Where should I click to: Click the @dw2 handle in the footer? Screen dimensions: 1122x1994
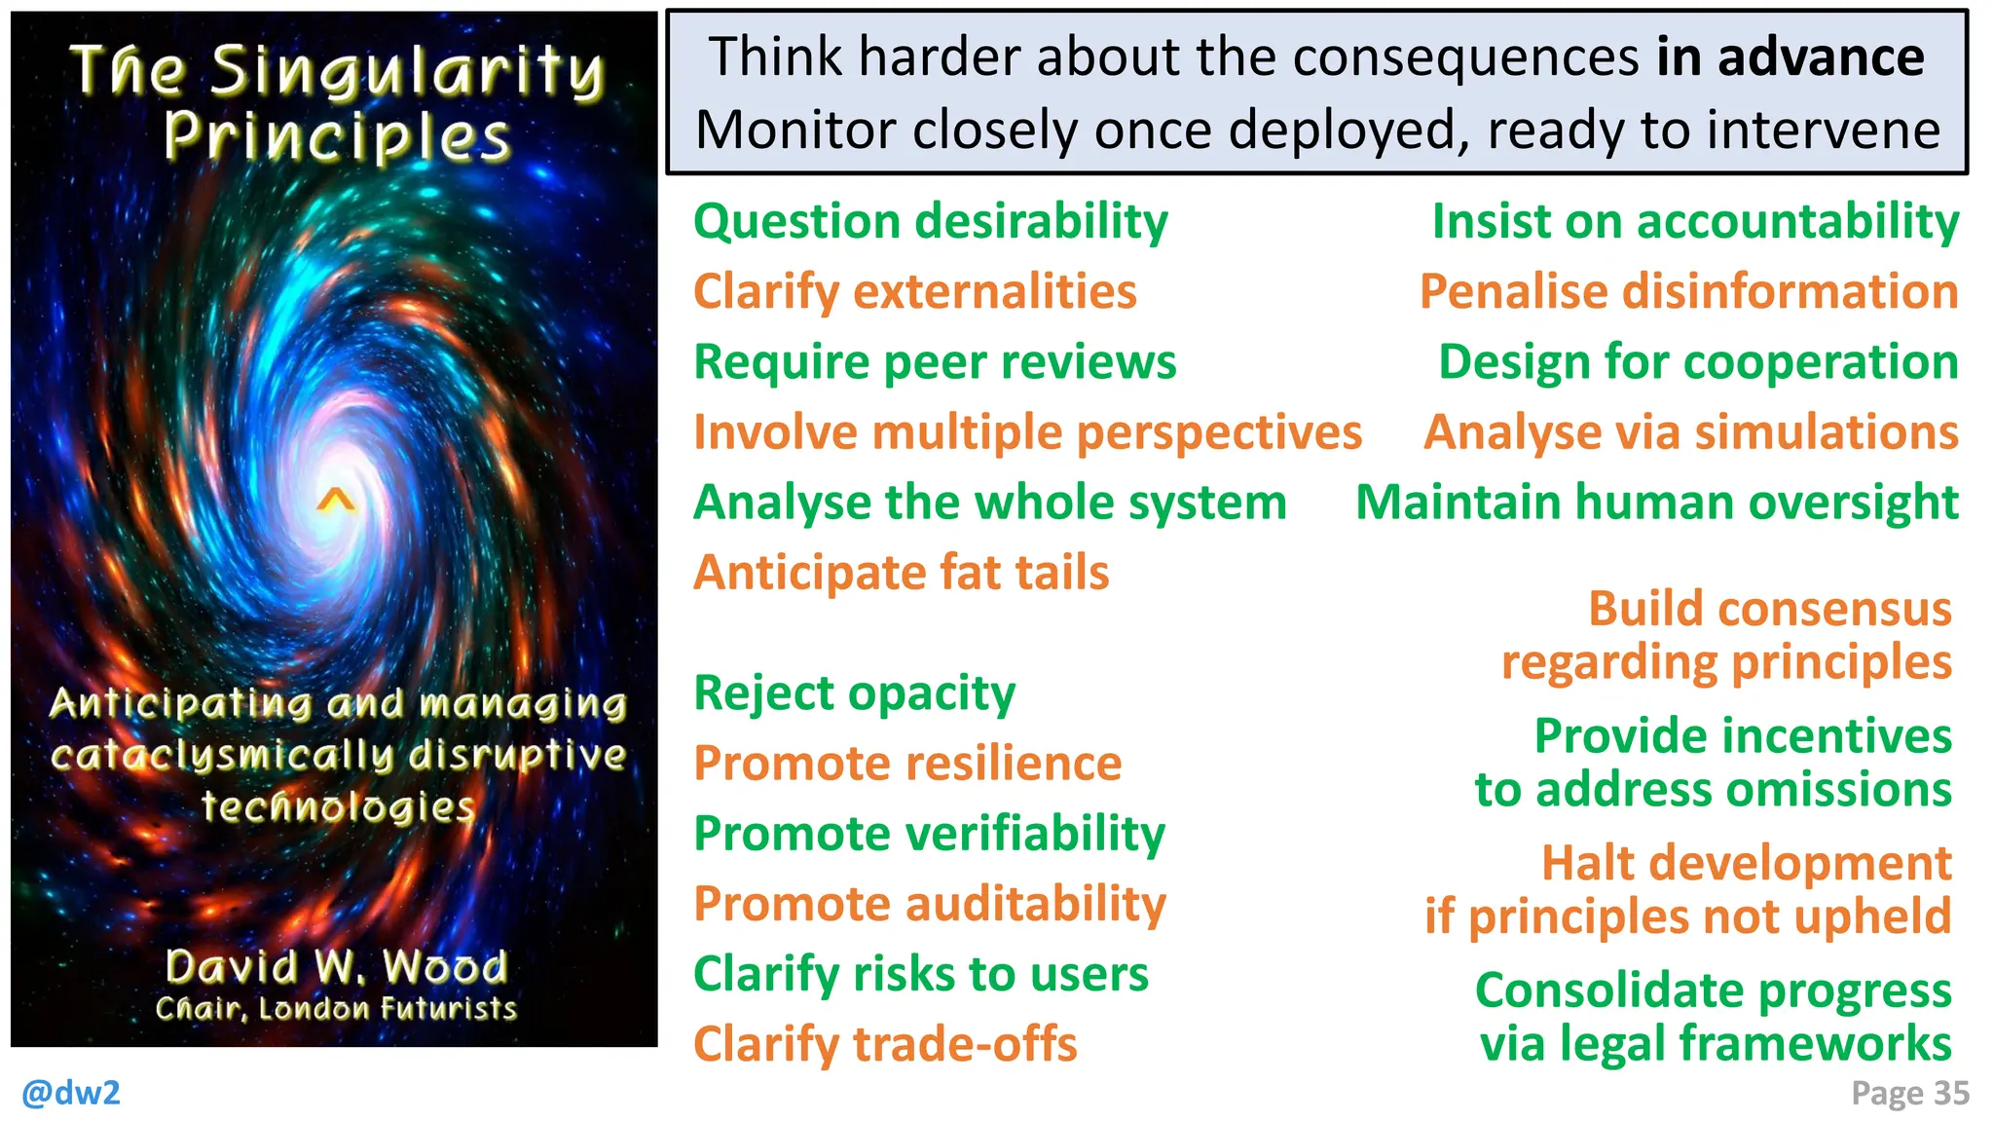coord(71,1092)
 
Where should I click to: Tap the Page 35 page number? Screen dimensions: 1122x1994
coord(1909,1093)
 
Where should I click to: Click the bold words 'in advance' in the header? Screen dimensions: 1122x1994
coord(1790,56)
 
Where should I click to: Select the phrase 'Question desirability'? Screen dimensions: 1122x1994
coord(930,222)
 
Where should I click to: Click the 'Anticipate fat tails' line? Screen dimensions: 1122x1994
coord(901,573)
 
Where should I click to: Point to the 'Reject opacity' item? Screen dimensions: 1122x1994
coord(854,693)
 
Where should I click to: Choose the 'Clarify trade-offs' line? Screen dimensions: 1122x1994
coord(885,1044)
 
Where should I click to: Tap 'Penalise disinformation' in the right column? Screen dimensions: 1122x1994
coord(1688,292)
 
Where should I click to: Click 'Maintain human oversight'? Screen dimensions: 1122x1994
coord(1656,503)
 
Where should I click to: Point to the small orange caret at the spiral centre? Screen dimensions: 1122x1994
coord(336,501)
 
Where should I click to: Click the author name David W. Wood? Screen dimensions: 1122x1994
coord(336,967)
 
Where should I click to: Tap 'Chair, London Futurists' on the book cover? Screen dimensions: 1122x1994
coord(336,1008)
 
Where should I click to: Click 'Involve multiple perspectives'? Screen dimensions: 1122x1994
coord(1027,432)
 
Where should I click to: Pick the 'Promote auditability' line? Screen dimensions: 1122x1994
coord(929,904)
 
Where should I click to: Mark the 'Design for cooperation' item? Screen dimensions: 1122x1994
coord(1698,362)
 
